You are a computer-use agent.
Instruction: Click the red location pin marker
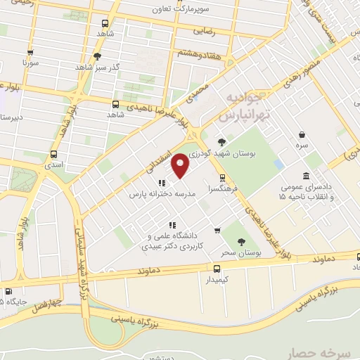point(181,165)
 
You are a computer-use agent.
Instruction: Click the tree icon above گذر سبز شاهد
point(97,56)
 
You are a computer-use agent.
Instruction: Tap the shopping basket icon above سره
point(302,135)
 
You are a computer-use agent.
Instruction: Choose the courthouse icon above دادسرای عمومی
point(306,175)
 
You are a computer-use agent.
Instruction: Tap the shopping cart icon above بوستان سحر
point(217,230)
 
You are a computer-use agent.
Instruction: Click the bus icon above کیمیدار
point(216,268)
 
